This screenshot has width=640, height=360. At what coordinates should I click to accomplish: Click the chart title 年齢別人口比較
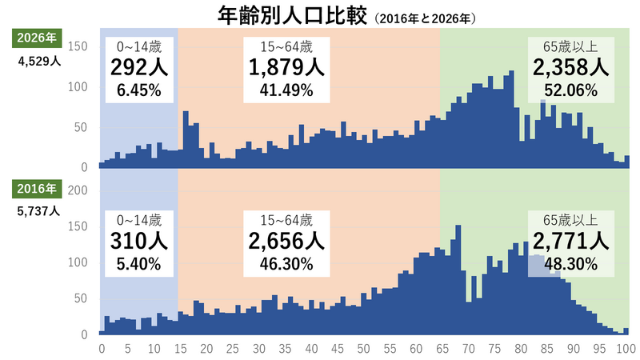tap(292, 16)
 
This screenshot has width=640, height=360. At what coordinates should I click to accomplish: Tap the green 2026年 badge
tap(37, 38)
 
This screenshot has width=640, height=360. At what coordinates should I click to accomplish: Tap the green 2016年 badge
tap(37, 189)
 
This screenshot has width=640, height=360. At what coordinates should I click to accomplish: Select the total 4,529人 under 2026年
tap(39, 62)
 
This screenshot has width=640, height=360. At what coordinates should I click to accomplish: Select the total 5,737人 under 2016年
tap(38, 211)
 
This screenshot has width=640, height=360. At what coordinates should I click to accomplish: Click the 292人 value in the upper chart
tap(139, 67)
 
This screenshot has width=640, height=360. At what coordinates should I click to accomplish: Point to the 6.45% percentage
tap(139, 90)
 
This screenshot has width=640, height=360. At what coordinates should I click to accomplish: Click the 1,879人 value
tap(286, 67)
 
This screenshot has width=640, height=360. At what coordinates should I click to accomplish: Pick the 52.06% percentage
tap(571, 90)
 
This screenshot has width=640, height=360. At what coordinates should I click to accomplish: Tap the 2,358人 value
tap(571, 67)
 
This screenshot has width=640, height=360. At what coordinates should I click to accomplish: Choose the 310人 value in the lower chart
tap(139, 242)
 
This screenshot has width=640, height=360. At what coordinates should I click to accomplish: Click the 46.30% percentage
tap(286, 264)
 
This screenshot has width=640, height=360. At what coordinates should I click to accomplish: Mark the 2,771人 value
tap(571, 242)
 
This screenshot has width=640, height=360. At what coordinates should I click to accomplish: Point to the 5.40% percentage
tap(139, 264)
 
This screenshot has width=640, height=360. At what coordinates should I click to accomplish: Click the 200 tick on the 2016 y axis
tap(78, 190)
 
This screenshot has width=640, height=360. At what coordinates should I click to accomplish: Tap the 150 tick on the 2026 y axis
tap(78, 46)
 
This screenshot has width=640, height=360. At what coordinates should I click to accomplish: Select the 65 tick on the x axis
tap(442, 349)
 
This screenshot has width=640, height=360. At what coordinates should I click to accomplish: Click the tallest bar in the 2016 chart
tap(458, 280)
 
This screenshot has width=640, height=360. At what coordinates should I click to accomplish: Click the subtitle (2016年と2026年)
tap(425, 18)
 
